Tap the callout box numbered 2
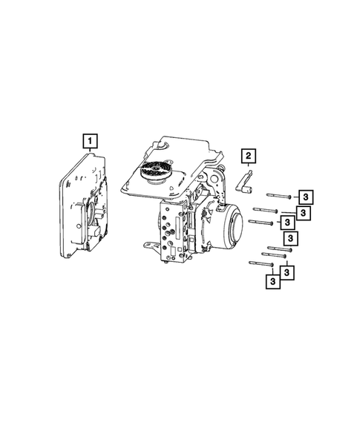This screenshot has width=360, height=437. click(248, 156)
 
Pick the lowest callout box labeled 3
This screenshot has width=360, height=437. click(274, 281)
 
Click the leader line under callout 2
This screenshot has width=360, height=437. click(248, 167)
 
